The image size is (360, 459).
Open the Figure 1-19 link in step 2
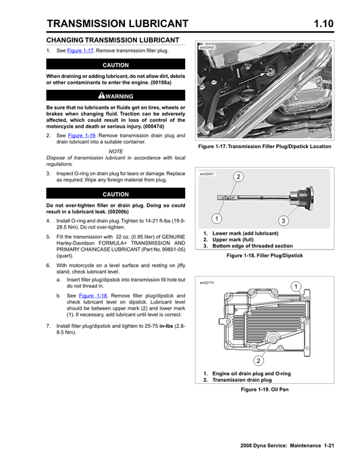[x=81, y=135]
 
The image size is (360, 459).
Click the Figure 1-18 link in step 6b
[x=92, y=296]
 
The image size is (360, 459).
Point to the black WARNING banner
[x=115, y=97]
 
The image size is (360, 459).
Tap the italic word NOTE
[x=115, y=151]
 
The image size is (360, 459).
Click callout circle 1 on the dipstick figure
[x=215, y=218]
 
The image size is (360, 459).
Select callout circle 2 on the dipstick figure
[x=238, y=176]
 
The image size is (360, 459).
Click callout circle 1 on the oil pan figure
[x=296, y=287]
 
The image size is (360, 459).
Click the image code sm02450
[x=207, y=48]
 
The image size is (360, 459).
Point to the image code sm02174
[x=207, y=283]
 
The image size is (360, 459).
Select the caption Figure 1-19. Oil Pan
[x=259, y=390]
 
